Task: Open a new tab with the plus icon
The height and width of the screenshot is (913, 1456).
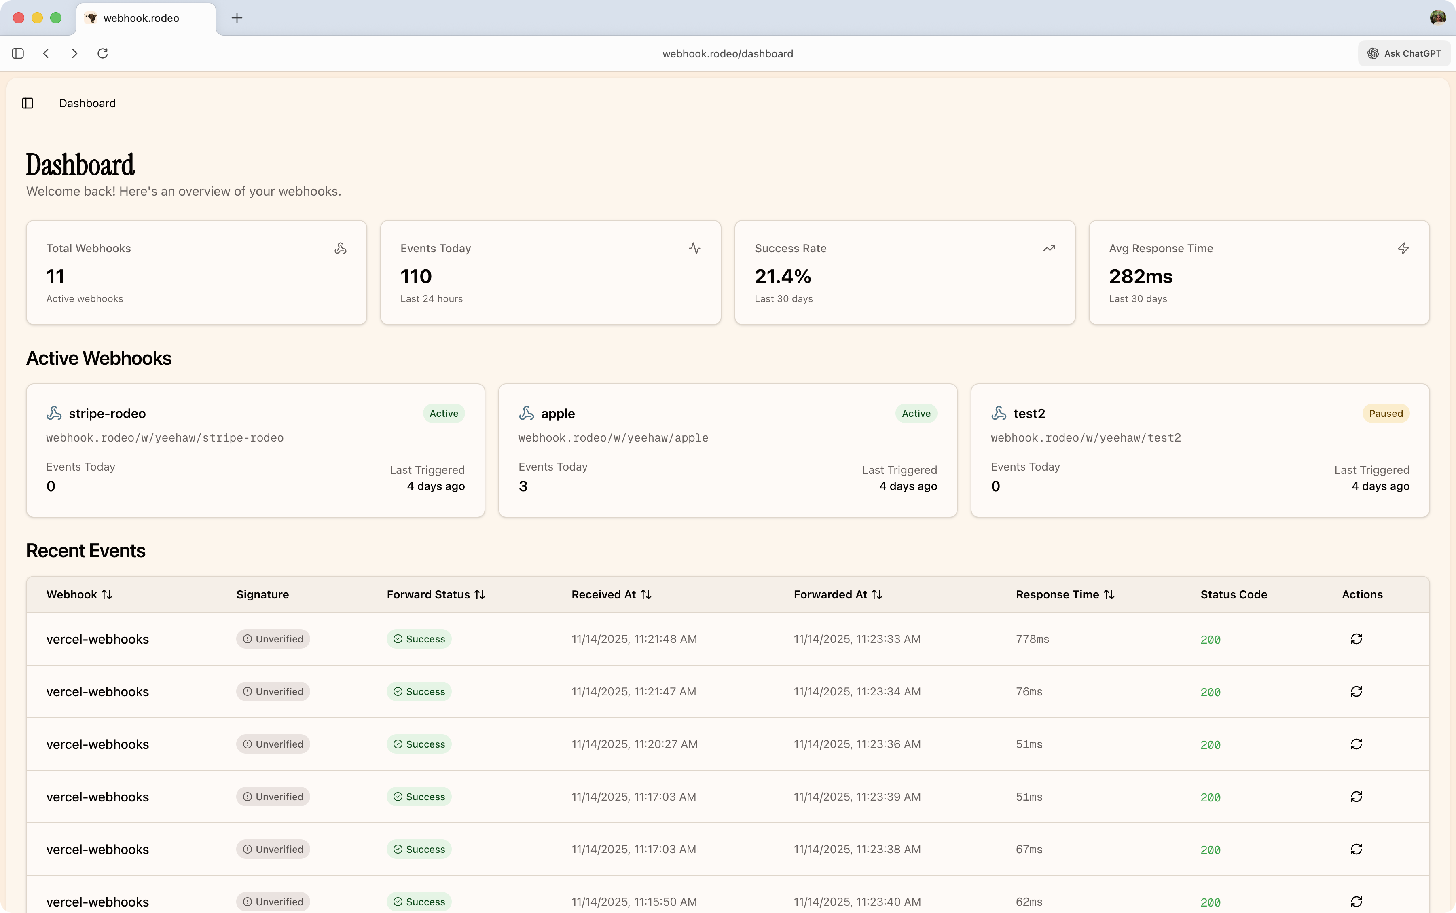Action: (x=237, y=18)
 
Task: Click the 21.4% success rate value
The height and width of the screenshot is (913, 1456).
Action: (x=783, y=277)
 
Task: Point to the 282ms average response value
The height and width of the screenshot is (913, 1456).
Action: (x=1140, y=277)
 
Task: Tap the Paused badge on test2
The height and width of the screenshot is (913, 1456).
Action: (x=1385, y=414)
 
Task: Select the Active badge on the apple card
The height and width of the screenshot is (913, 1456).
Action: (x=916, y=414)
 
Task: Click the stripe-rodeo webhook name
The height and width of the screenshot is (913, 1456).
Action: (x=107, y=414)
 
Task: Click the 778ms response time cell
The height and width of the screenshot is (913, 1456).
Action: (x=1032, y=639)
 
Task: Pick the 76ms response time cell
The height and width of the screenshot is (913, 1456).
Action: (x=1029, y=692)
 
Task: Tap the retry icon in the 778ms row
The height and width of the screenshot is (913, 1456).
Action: (x=1356, y=639)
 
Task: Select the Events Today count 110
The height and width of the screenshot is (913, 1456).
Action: (x=416, y=277)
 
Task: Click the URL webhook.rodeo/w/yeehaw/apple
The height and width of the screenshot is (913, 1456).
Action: (x=613, y=438)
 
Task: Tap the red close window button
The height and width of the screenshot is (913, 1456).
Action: (x=19, y=18)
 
